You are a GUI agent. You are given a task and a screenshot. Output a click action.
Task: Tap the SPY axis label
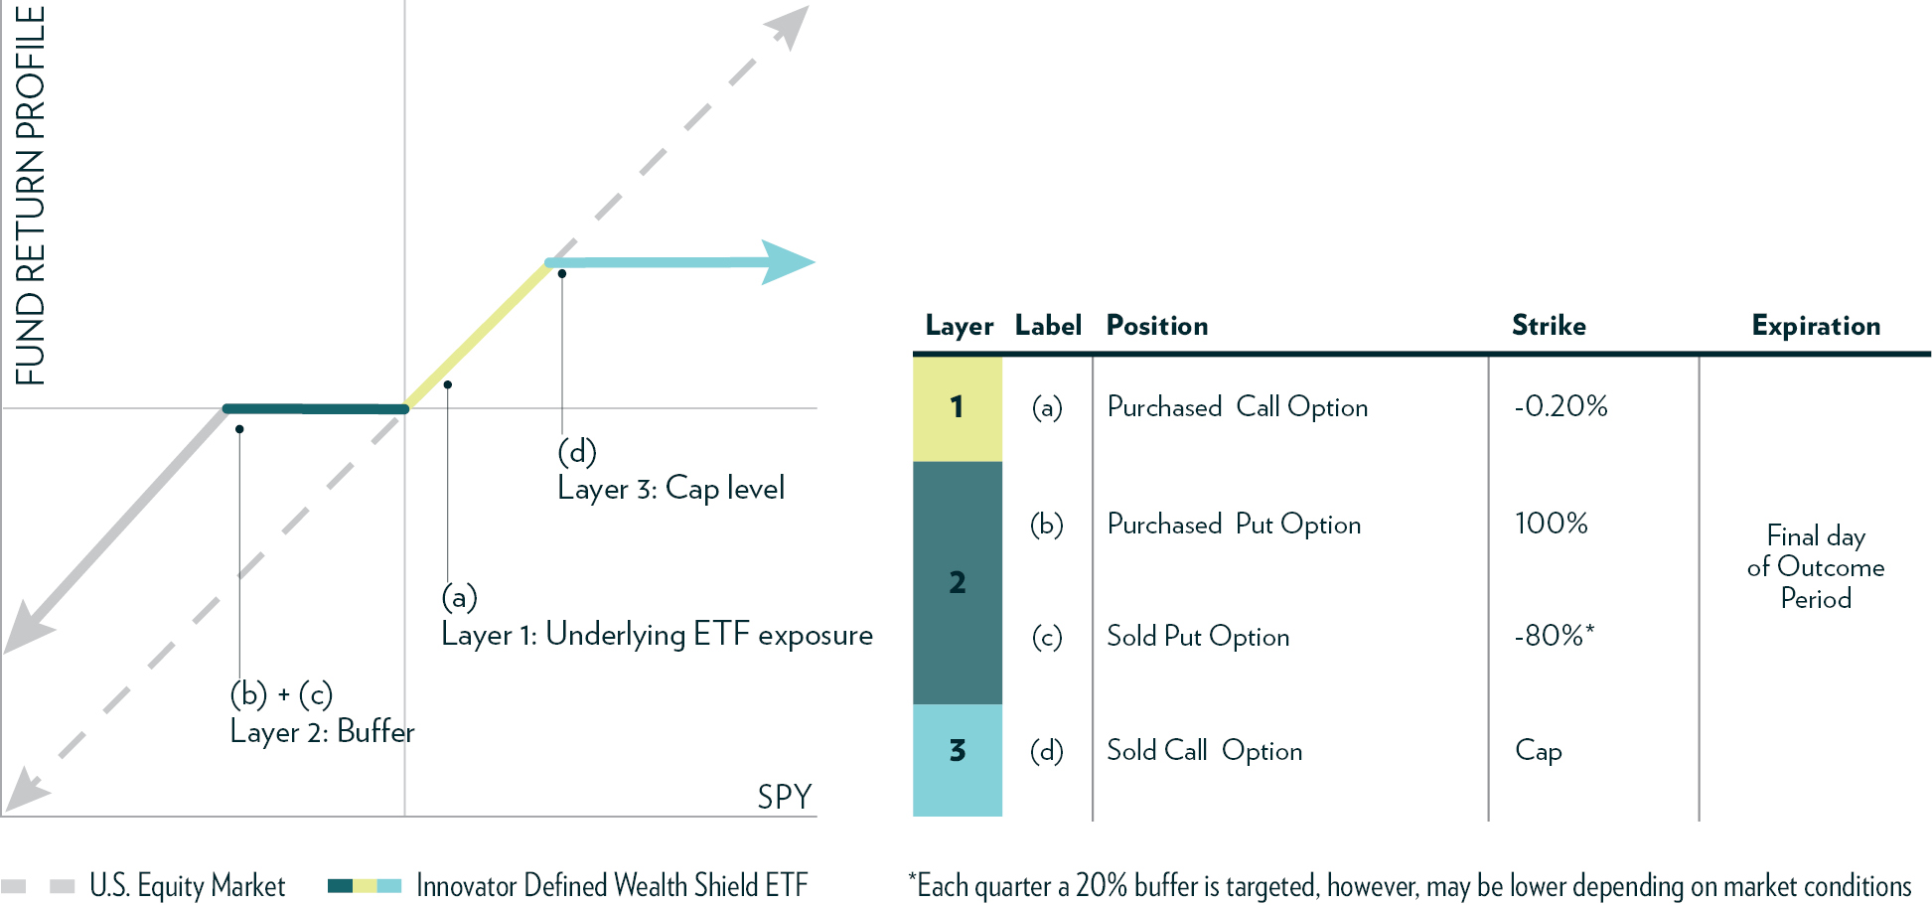tap(784, 797)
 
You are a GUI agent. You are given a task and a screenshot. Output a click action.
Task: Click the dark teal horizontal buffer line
tap(315, 408)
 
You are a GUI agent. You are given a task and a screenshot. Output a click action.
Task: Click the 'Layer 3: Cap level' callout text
tap(670, 489)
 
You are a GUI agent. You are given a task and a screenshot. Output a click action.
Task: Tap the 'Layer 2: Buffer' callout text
tap(322, 732)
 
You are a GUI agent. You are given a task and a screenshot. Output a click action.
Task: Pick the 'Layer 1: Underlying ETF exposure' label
tap(657, 635)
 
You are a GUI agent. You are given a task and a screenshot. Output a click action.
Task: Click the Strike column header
tap(1548, 326)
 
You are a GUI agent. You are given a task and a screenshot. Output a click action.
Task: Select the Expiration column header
tap(1815, 326)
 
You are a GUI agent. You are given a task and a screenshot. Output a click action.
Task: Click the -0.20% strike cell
tap(1560, 406)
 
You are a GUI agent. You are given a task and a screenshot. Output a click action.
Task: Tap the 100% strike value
tap(1551, 524)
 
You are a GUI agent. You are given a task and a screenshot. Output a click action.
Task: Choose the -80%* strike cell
tap(1554, 636)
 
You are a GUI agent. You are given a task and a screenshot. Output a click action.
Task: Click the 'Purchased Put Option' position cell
tap(1234, 525)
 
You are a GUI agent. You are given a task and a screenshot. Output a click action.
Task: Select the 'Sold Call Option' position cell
tap(1204, 751)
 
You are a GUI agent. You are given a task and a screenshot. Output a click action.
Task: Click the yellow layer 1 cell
tap(957, 407)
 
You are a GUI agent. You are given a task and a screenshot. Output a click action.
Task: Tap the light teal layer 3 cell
tap(957, 759)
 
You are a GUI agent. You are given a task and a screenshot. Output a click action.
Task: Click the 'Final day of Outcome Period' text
tap(1815, 567)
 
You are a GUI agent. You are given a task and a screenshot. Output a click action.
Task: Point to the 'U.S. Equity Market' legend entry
tap(187, 885)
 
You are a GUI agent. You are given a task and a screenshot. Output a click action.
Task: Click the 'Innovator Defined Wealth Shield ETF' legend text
tap(611, 885)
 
